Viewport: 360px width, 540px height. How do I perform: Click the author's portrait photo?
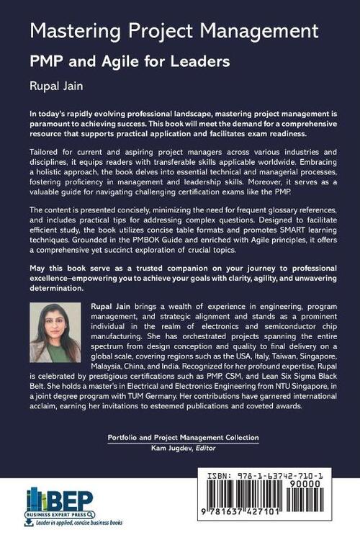(x=55, y=332)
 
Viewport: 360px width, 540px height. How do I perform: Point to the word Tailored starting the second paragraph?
(x=45, y=154)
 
